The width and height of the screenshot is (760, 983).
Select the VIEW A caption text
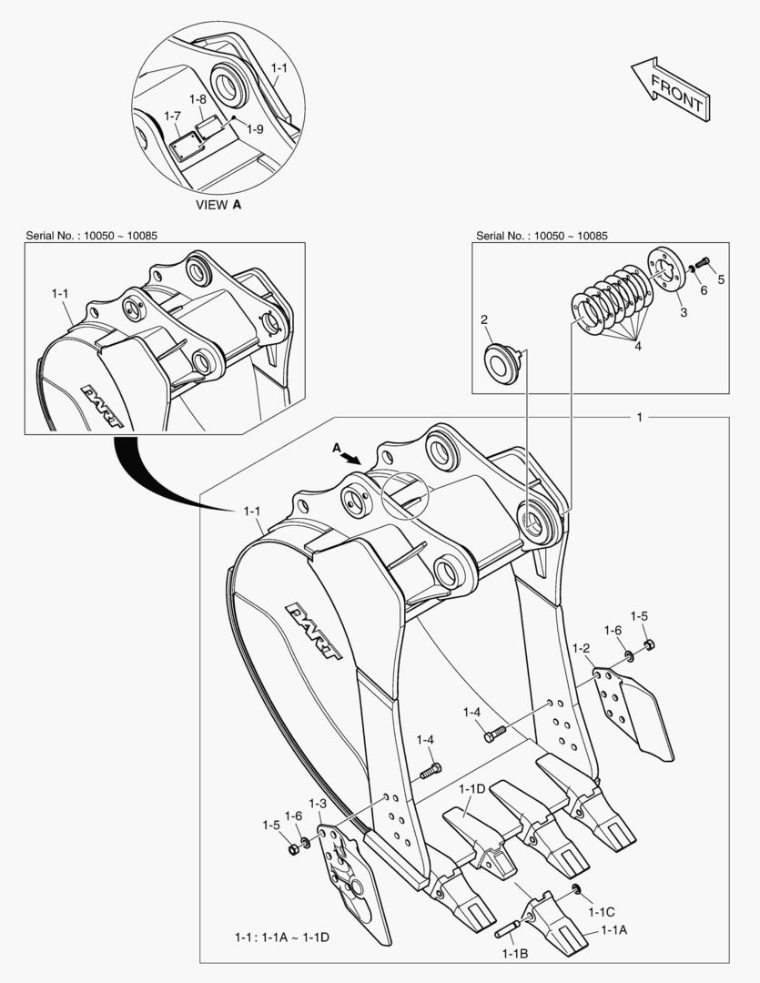(218, 205)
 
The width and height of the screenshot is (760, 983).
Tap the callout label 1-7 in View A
(173, 116)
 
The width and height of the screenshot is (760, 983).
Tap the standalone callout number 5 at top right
(721, 279)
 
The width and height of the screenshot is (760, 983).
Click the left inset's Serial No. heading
(92, 236)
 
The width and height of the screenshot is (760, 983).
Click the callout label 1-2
(582, 648)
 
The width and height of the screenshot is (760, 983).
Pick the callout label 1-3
(317, 804)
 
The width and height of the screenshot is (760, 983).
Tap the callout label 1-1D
(471, 788)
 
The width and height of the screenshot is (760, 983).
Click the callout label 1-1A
(613, 930)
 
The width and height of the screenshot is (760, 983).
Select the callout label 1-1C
(602, 911)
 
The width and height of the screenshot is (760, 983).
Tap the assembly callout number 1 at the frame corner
(640, 417)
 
